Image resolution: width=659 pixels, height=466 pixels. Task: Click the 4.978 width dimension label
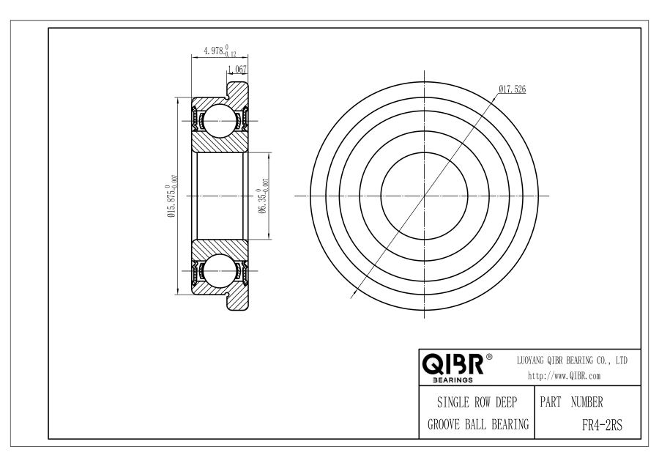(x=220, y=51)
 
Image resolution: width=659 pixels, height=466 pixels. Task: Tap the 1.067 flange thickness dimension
(x=237, y=70)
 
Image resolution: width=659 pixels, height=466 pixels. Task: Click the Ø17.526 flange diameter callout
(x=513, y=89)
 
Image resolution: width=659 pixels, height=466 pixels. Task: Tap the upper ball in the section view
(x=218, y=120)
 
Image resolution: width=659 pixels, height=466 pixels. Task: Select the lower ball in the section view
(x=218, y=271)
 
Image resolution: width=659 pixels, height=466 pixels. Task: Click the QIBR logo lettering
(x=453, y=365)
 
